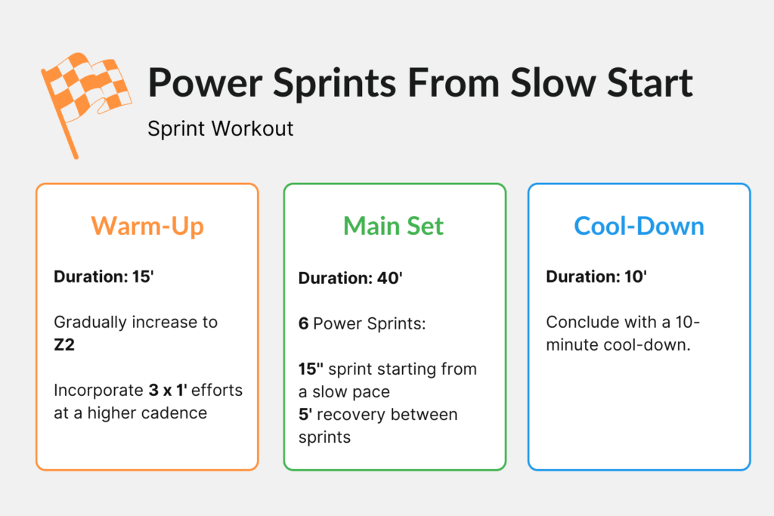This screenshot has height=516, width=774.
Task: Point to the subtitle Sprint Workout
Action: pos(220,128)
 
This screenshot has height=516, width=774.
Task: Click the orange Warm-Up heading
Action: pos(147,226)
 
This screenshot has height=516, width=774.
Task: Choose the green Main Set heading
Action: pos(394,226)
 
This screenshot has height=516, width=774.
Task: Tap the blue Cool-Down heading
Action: pos(639,226)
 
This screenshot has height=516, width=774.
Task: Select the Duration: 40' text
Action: pos(350,279)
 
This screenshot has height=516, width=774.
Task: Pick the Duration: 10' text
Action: pos(596,277)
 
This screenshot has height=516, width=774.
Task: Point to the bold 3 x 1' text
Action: pos(176,391)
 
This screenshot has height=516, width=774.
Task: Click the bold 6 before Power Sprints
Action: pos(303,324)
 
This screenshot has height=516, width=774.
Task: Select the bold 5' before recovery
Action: pos(305,415)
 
